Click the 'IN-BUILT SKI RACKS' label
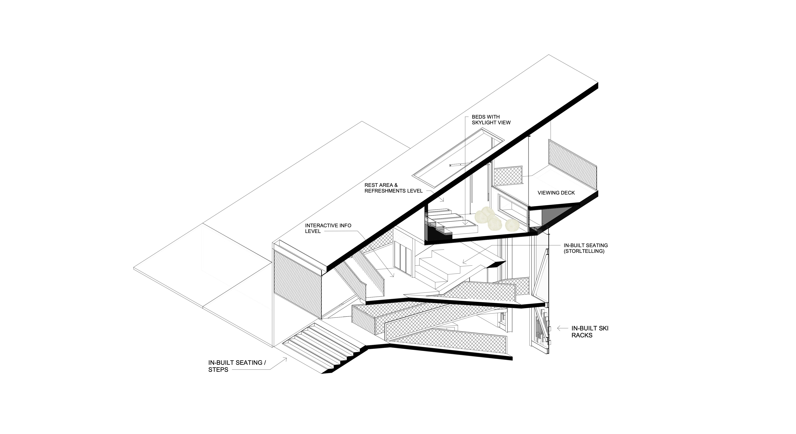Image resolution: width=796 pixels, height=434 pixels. [x=590, y=332]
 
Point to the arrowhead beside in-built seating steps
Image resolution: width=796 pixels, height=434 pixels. [x=285, y=360]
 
